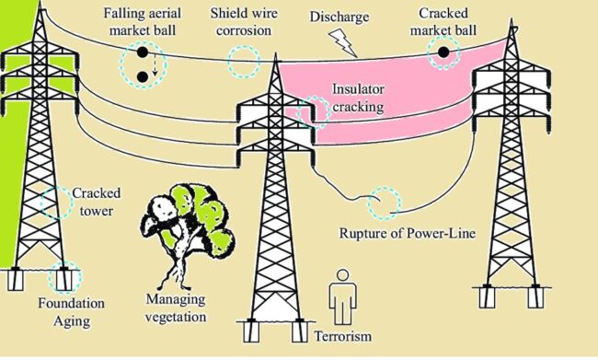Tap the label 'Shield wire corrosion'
click(242, 23)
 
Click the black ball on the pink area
click(443, 52)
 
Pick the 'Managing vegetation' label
click(177, 308)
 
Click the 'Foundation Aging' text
click(72, 310)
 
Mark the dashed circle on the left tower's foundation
click(65, 276)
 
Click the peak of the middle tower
click(274, 58)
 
